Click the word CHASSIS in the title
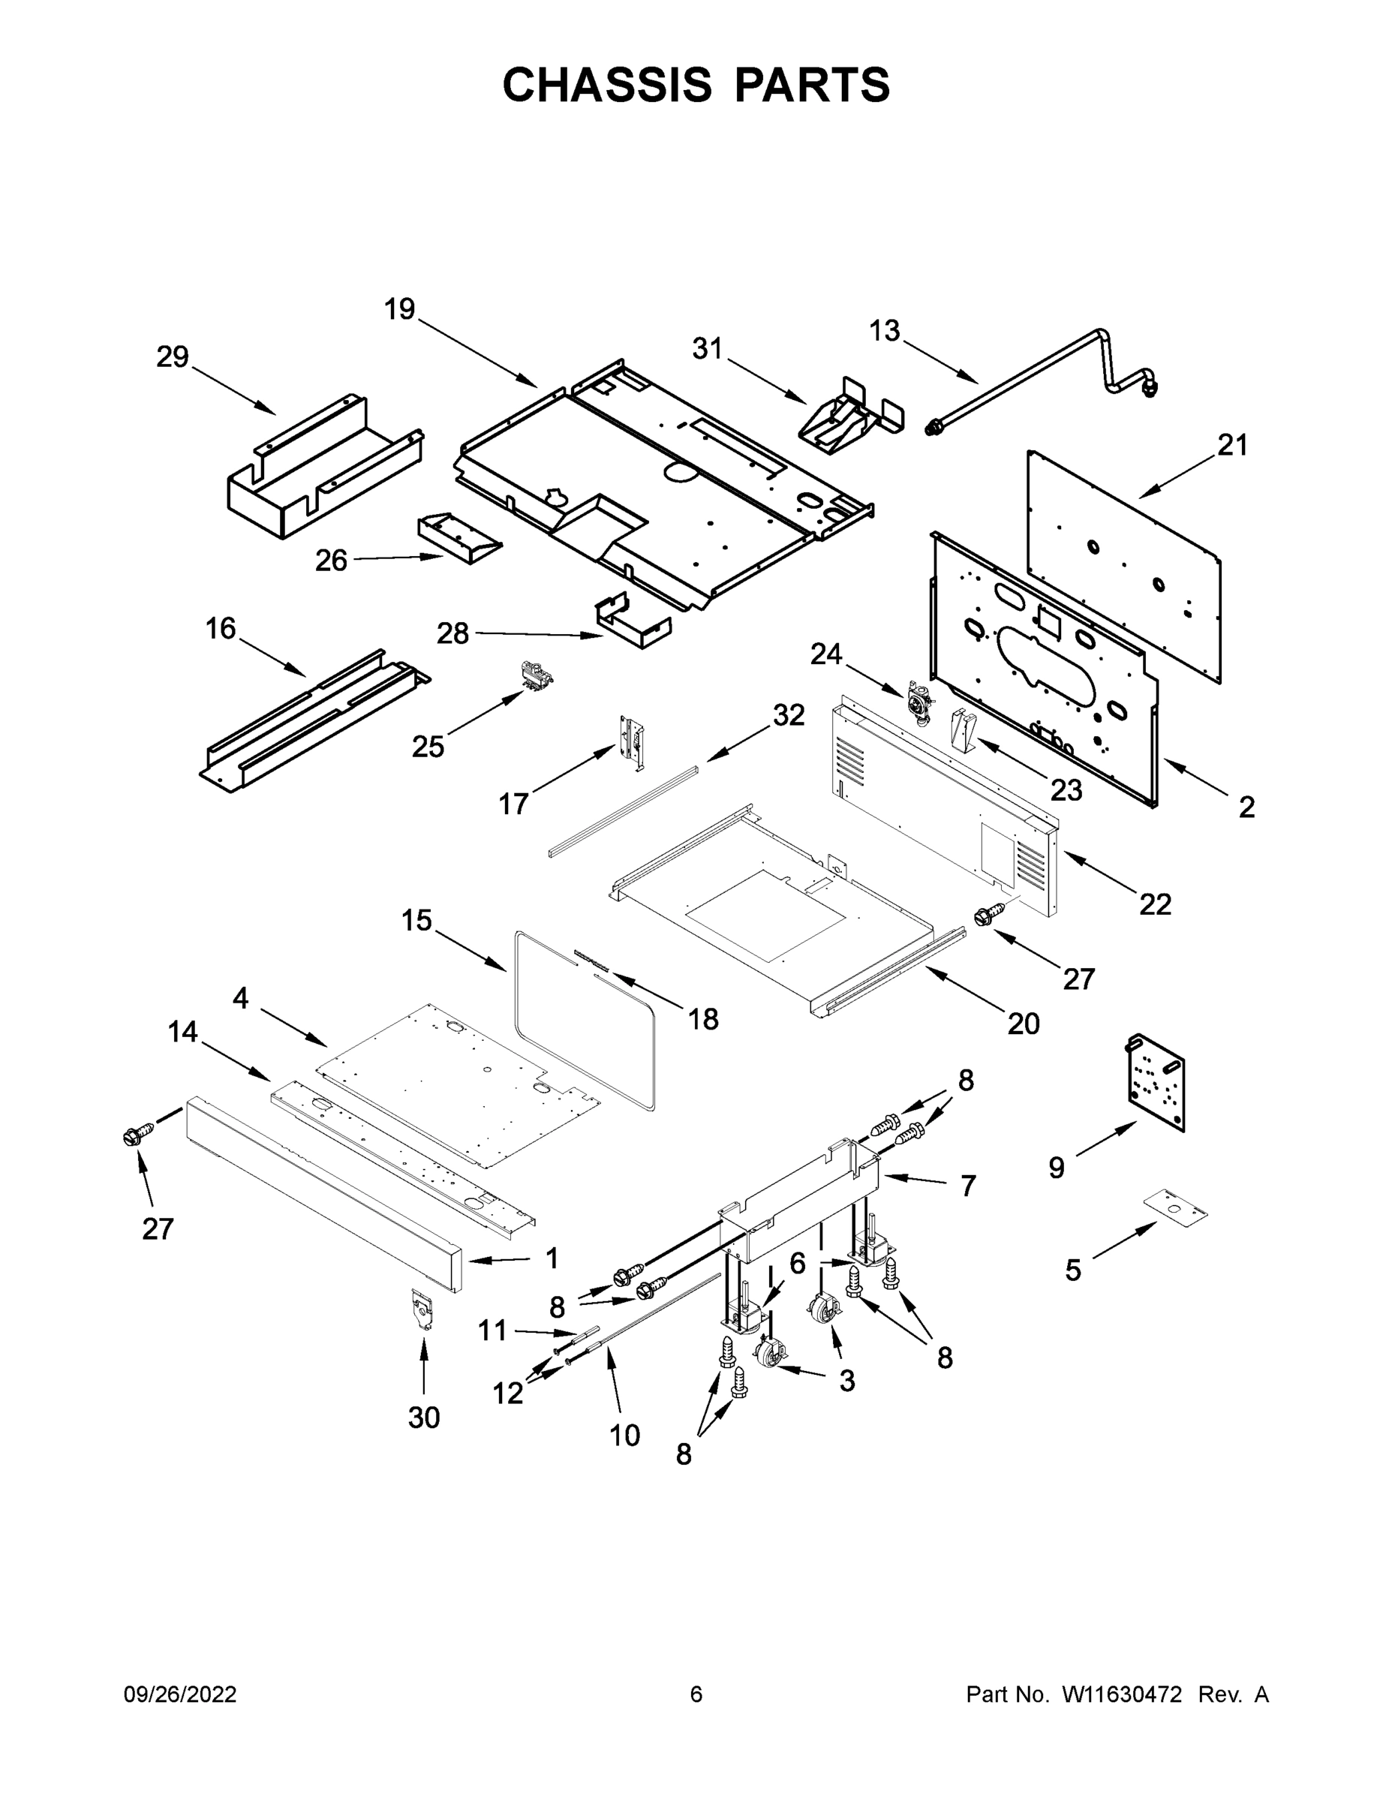click(607, 85)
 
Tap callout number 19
click(400, 310)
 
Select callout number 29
click(173, 357)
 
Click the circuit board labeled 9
click(1156, 1082)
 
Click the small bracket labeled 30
click(423, 1312)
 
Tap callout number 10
click(624, 1436)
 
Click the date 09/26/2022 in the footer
click(180, 1694)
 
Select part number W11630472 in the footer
click(1122, 1694)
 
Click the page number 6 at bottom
click(696, 1694)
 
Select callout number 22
click(1155, 904)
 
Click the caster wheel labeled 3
click(822, 1308)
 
